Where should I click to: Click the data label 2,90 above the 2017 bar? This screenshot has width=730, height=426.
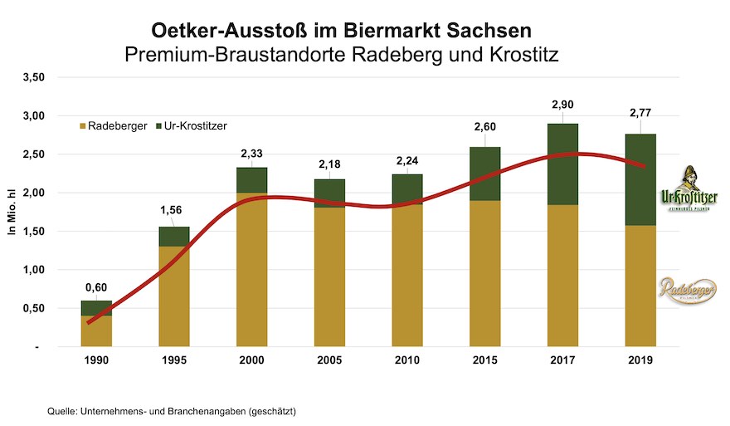562,105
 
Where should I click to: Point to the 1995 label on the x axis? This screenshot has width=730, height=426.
174,361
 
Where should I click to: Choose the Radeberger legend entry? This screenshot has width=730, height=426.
112,125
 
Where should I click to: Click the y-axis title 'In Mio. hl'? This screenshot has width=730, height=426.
12,212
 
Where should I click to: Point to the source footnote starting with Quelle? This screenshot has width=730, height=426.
172,411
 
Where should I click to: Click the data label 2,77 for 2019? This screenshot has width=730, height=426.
640,114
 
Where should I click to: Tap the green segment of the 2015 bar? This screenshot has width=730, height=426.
484,174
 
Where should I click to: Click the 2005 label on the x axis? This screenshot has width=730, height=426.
329,361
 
